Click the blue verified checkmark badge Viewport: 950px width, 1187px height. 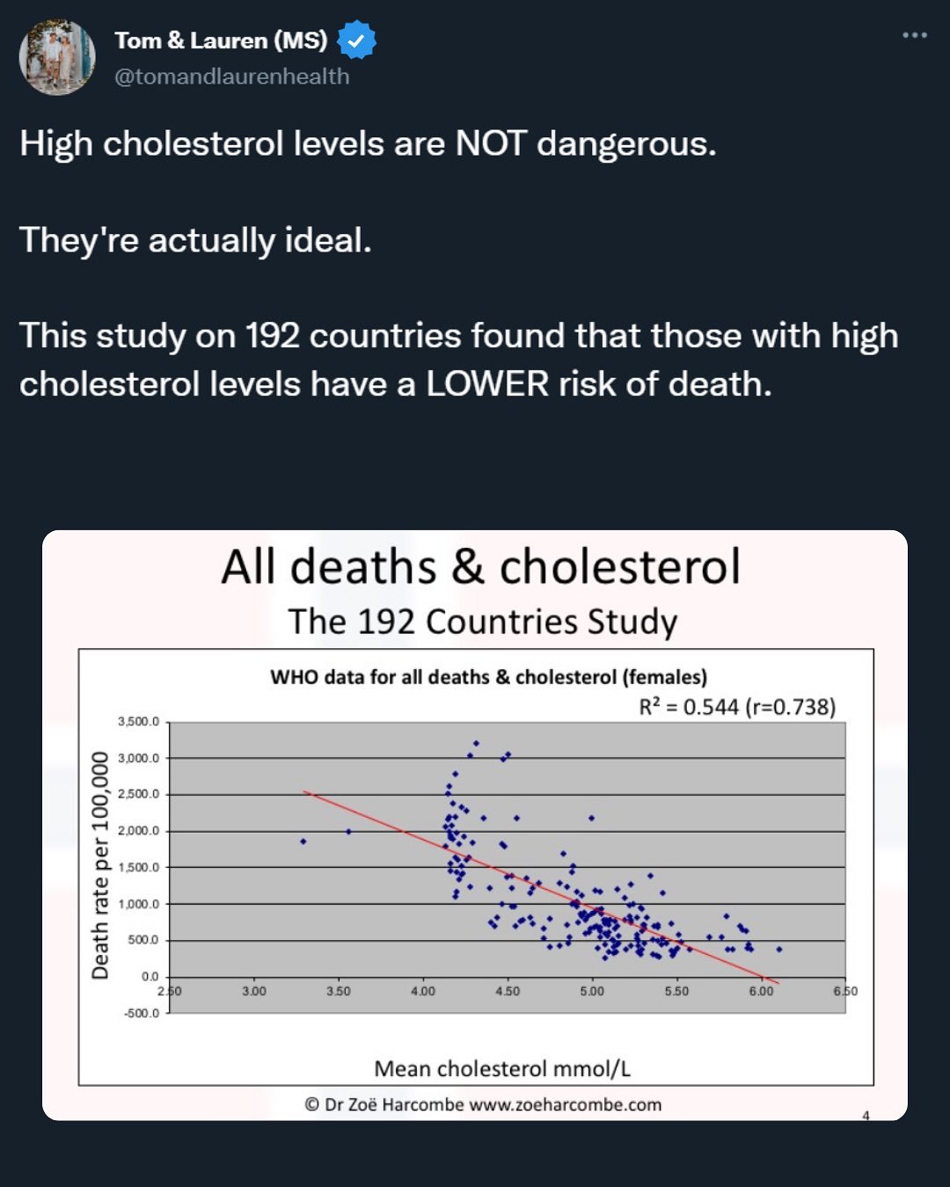[x=356, y=40]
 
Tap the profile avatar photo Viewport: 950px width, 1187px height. [x=57, y=57]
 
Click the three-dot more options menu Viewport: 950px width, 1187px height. [x=914, y=35]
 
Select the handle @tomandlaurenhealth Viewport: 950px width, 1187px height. [x=231, y=76]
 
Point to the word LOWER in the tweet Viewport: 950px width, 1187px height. [x=487, y=383]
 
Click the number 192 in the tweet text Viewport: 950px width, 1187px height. [x=273, y=336]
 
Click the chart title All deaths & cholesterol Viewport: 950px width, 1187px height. [x=480, y=567]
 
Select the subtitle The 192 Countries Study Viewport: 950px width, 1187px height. [x=482, y=622]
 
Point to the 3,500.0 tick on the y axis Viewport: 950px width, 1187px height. [x=139, y=722]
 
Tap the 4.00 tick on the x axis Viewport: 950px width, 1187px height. [x=423, y=992]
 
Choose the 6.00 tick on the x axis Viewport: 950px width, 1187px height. [x=761, y=992]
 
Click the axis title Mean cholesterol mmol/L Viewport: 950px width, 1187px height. [x=502, y=1068]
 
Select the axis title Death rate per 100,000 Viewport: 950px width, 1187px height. [x=100, y=865]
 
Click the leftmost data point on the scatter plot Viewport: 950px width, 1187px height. [x=303, y=841]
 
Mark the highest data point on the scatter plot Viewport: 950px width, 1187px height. [x=476, y=743]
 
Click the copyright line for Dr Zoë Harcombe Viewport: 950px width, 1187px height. [x=483, y=1104]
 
